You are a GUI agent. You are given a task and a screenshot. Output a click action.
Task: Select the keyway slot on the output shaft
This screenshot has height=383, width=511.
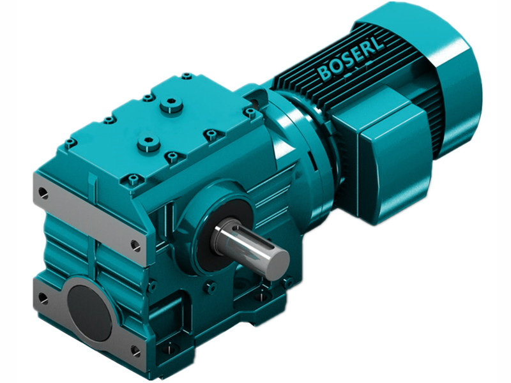point(246,237)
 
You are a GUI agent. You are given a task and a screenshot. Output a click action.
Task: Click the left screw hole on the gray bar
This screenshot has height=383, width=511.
point(42,191)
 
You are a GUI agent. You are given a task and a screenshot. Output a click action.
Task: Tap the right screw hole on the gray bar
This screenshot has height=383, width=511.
point(135,244)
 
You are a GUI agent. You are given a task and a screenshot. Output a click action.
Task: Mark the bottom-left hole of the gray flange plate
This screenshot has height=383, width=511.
point(43,296)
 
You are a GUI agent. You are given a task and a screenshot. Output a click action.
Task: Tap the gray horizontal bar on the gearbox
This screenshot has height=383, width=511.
point(89,217)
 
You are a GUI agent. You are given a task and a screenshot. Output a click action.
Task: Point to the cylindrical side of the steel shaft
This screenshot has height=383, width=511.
point(246,246)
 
